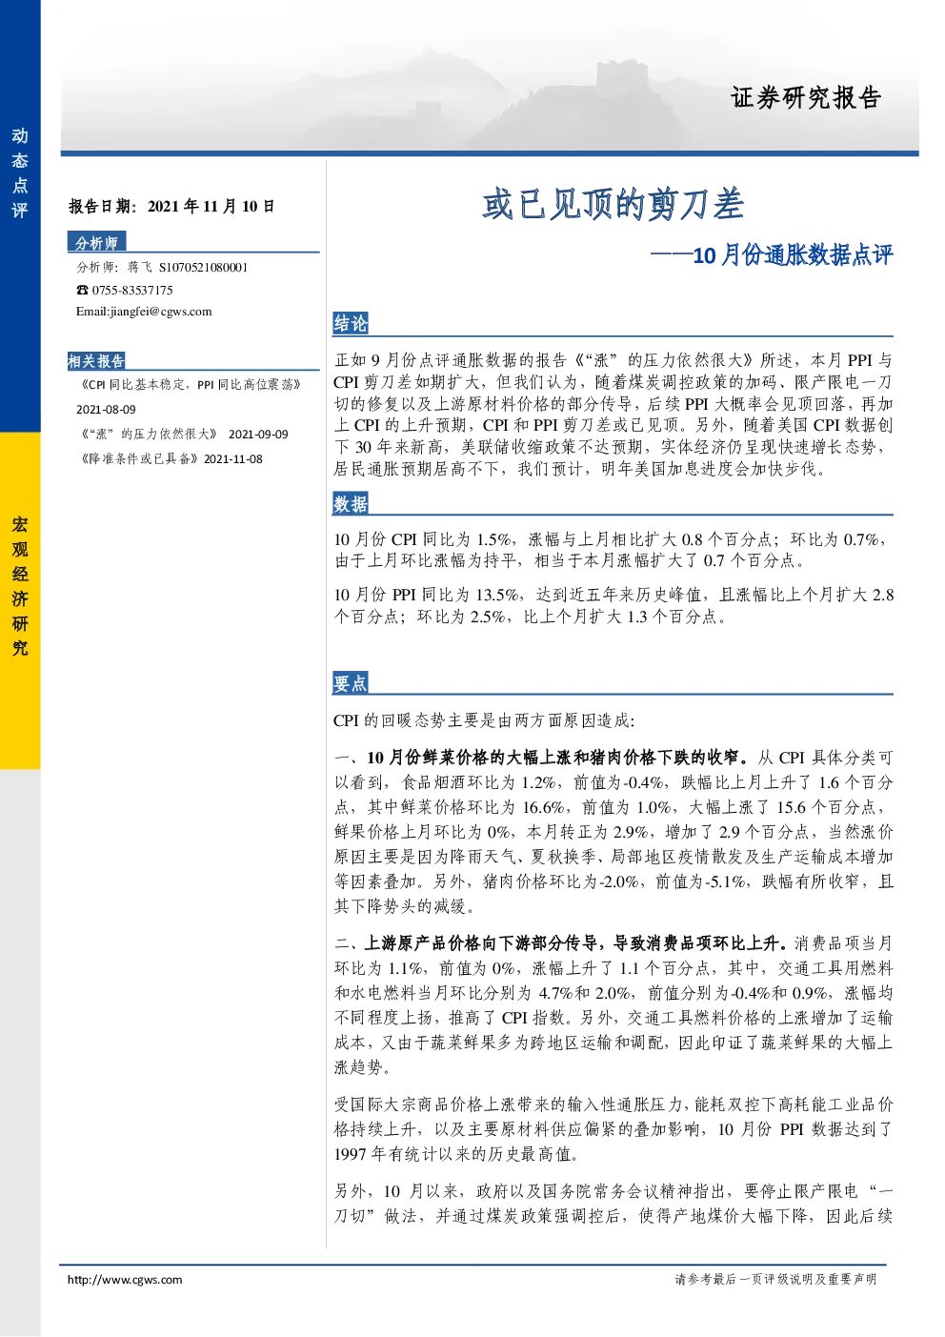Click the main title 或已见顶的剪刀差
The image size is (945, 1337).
pos(613,204)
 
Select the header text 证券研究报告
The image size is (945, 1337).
pos(806,98)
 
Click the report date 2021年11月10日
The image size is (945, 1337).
pos(211,207)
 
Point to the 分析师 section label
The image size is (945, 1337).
pos(96,242)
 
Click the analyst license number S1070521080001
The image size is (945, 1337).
pos(203,268)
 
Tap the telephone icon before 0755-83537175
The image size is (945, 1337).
pos(82,290)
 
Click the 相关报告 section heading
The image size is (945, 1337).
pos(96,361)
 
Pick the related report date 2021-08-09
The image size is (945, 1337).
pos(106,410)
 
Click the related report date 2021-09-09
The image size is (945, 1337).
pos(258,435)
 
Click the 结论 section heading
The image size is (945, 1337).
pos(351,323)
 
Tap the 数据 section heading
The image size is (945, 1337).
pos(351,504)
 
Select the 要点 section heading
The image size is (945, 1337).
pos(351,683)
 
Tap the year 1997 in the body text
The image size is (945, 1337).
pos(351,1154)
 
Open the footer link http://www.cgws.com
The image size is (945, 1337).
pos(125,1280)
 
